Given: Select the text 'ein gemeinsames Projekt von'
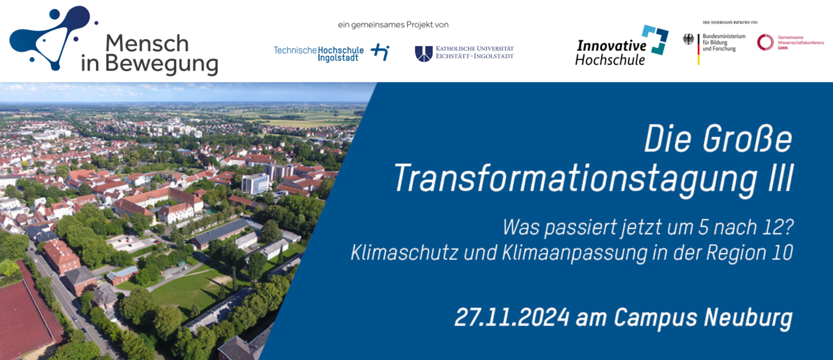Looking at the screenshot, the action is tap(393, 25).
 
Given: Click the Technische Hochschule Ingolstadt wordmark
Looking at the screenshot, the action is tap(319, 54).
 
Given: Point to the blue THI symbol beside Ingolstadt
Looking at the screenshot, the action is tap(380, 52).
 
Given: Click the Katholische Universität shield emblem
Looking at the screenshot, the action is tap(424, 54).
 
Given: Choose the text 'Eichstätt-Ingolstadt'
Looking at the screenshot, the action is tap(475, 56).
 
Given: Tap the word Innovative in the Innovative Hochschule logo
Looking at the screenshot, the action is tap(611, 45).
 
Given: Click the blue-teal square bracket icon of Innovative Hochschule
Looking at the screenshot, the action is tap(656, 40).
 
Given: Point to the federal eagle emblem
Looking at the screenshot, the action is tap(688, 40).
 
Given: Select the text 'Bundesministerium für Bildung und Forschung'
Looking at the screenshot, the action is tap(724, 42).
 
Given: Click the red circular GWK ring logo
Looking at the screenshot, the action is tap(766, 42).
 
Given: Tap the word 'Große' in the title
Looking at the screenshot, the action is tap(748, 139).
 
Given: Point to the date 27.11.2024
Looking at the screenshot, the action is tap(512, 317).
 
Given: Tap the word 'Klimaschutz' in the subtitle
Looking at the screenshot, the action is tap(404, 252).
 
